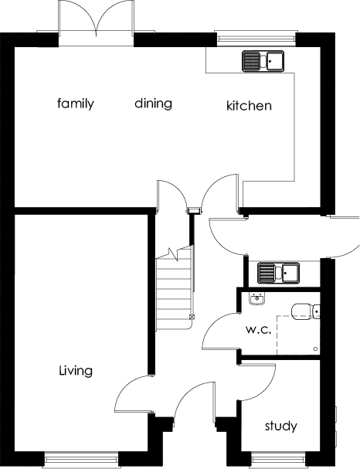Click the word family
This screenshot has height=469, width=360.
[76, 104]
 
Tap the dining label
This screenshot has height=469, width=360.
[153, 104]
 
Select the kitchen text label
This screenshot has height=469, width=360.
[248, 106]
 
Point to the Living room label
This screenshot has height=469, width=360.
[76, 371]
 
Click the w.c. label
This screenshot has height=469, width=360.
[256, 330]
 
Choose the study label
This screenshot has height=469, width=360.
[280, 426]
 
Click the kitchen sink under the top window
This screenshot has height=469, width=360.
[263, 60]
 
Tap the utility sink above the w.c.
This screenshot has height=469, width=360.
[278, 272]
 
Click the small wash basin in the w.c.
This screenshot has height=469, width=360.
[255, 300]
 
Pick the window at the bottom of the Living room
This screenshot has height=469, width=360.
[80, 461]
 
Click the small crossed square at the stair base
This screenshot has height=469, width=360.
[192, 318]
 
